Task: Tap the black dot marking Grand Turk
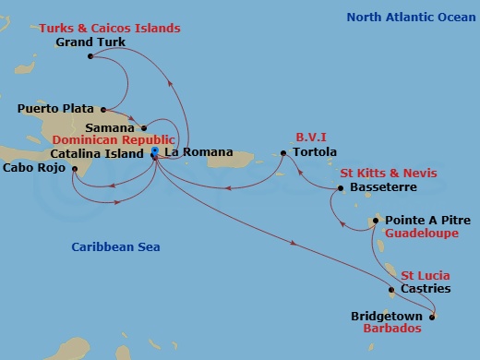pos(90,57)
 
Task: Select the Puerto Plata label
pos(55,108)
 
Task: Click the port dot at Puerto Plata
pos(102,108)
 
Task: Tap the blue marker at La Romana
pos(154,151)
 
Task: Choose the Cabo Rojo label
pos(33,168)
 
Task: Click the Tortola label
pos(314,152)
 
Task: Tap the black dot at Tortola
pos(284,152)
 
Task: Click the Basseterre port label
pos(384,187)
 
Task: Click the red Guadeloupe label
pos(421,235)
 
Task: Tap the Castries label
pos(426,289)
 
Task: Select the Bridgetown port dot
pos(433,317)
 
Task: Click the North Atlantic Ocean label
pos(407,17)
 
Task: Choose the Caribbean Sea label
pos(115,246)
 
